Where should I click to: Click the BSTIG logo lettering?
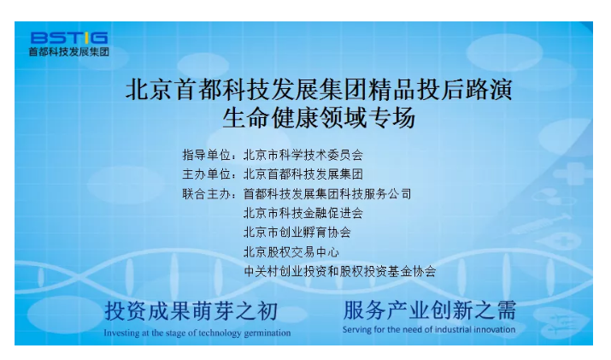tap(69, 38)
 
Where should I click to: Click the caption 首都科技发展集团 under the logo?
tap(69, 51)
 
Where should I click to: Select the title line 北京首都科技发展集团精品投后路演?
tap(319, 90)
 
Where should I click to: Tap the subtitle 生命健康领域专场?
tap(319, 118)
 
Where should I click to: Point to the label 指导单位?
tap(207, 155)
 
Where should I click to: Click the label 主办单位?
tap(207, 174)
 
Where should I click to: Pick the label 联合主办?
tap(207, 193)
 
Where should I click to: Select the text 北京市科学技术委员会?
tap(303, 155)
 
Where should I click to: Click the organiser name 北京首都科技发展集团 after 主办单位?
tap(303, 174)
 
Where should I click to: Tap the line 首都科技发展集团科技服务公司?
tap(327, 193)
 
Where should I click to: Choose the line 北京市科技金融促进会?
tap(303, 213)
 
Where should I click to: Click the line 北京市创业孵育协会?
tap(297, 233)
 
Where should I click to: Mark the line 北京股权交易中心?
tap(291, 252)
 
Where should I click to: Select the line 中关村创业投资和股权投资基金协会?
tap(339, 271)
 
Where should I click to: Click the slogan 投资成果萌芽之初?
tap(191, 311)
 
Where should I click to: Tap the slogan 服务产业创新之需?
tap(430, 310)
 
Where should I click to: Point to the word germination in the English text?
tap(267, 333)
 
